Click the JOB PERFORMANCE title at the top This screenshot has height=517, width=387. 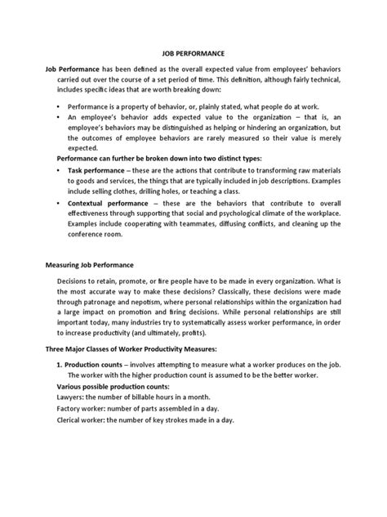point(193,52)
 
